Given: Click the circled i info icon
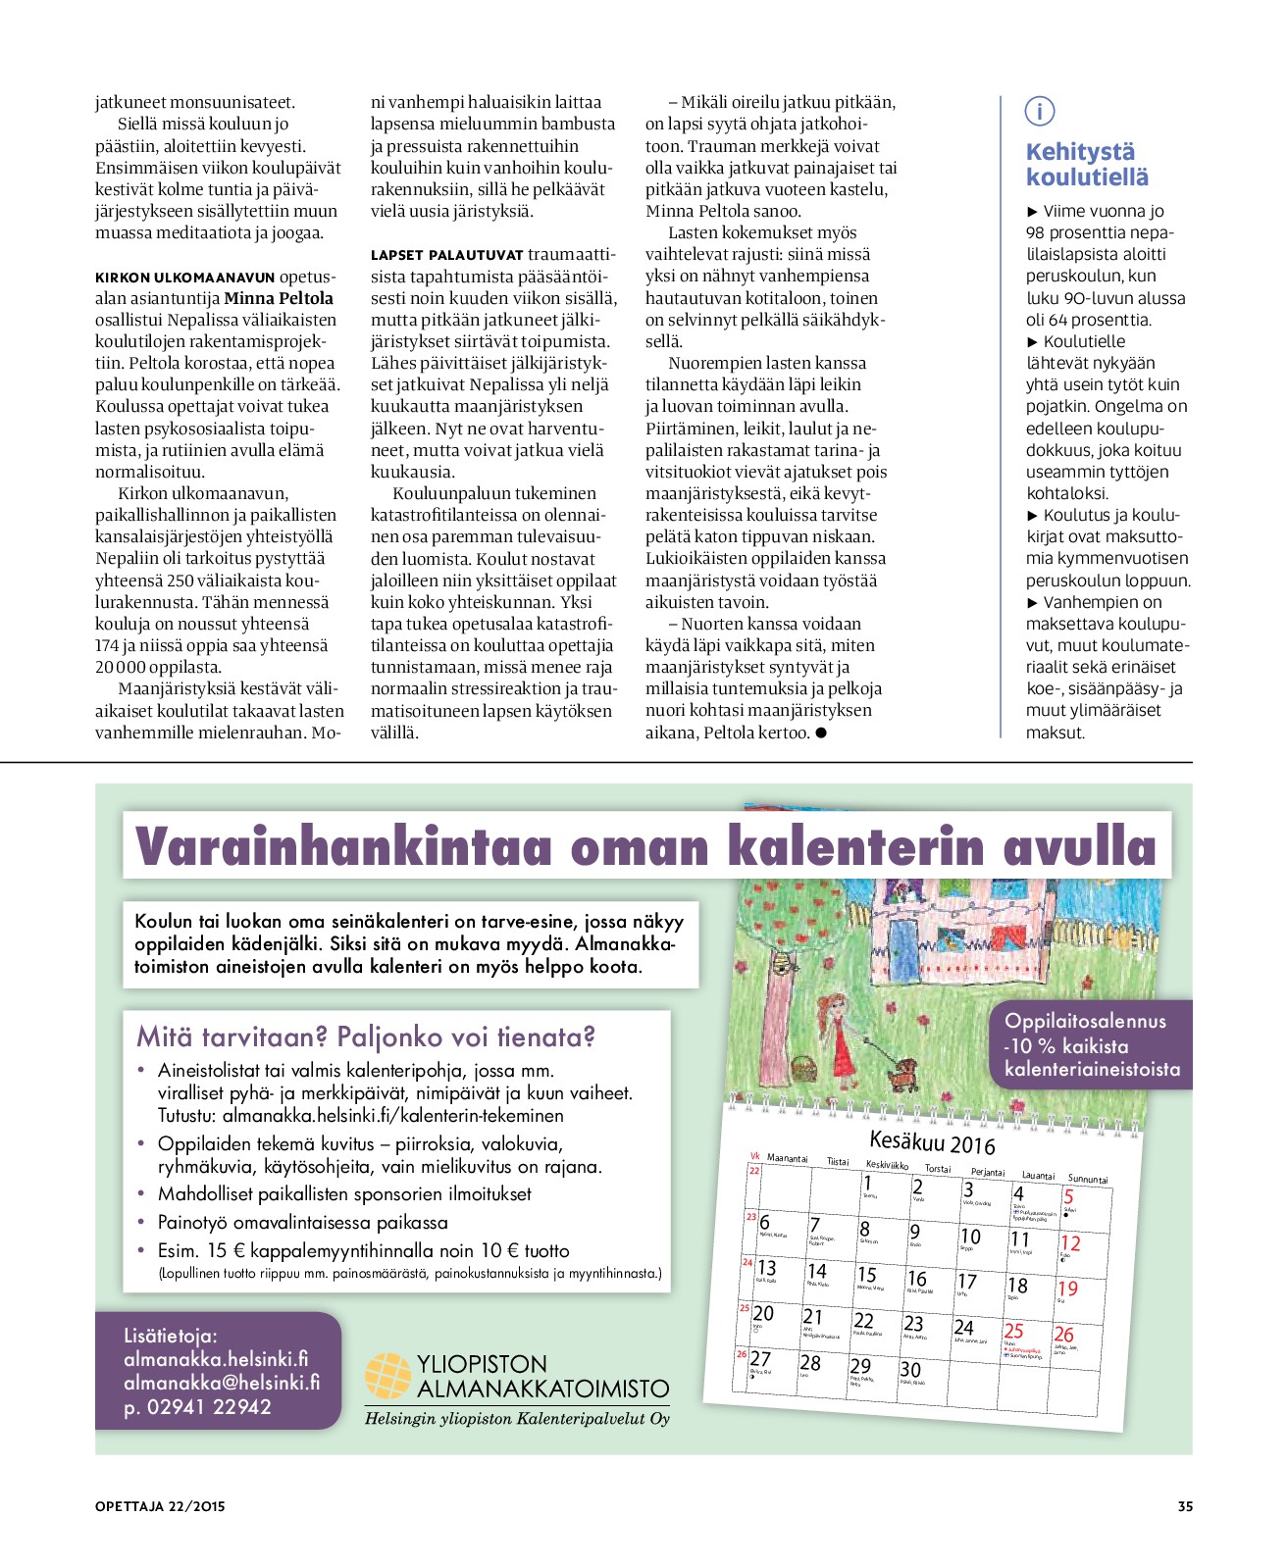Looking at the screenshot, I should [1039, 111].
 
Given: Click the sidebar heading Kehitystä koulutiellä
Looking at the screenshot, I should [1086, 165].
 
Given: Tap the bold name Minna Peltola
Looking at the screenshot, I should [279, 298].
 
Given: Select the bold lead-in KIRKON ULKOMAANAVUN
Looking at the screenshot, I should [185, 278].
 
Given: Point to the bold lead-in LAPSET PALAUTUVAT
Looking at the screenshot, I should [446, 255].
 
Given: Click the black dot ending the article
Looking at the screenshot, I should [821, 733].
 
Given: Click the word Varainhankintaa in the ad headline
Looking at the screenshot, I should [343, 845].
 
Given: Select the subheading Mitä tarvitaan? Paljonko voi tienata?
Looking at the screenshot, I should [365, 1036].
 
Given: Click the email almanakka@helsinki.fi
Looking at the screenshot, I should [222, 1383].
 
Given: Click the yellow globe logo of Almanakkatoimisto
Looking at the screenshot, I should [387, 1375].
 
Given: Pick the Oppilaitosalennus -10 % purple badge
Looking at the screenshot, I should [1092, 1045].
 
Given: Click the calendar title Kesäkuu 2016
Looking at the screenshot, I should [932, 1142].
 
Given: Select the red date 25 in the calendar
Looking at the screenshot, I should [1013, 1331].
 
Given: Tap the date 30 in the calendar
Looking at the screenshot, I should [910, 1370].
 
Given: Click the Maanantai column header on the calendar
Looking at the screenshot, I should [787, 1158].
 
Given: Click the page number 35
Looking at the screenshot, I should [1185, 1506].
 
